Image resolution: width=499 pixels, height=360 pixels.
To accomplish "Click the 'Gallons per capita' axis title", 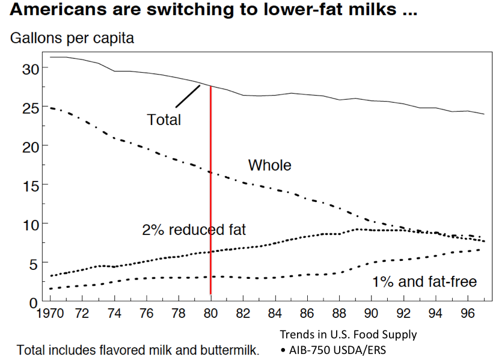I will click(x=72, y=38).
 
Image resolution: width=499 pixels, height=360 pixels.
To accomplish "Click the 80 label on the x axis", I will click(x=210, y=313).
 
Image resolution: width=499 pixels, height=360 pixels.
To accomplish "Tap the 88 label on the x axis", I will click(x=340, y=313).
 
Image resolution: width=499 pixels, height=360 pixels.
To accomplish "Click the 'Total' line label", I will click(x=164, y=120).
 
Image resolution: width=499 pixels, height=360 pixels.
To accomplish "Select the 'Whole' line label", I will click(x=269, y=165).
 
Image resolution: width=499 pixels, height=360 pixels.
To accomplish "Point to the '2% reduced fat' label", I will click(x=194, y=229).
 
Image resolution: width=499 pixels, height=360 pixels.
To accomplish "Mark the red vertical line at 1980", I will click(x=210, y=192).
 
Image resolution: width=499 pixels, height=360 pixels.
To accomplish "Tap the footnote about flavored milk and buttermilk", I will click(x=138, y=349).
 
